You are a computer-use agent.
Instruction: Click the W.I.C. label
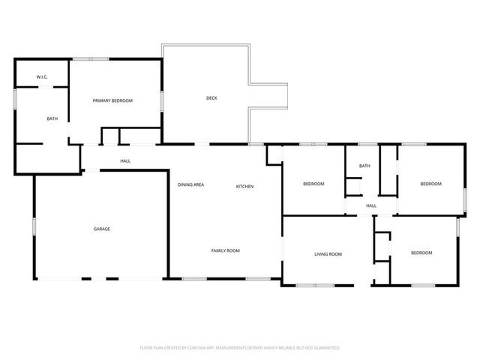click(42, 77)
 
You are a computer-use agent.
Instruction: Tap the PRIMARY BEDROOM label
click(112, 100)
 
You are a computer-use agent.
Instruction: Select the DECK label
click(212, 98)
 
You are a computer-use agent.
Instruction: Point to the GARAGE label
click(102, 229)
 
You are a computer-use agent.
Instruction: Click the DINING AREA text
click(191, 185)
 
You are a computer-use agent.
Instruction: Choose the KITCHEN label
click(245, 186)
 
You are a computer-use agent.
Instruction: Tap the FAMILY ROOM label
click(225, 250)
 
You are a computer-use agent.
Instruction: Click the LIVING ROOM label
click(328, 254)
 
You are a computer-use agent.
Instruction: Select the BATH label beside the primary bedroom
click(52, 118)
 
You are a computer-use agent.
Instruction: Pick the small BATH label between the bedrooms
click(364, 166)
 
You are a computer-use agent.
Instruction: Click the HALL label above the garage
click(125, 161)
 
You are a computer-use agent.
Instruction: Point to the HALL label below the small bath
click(370, 205)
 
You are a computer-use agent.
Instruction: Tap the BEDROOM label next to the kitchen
click(313, 184)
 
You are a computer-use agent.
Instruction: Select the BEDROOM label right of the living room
click(421, 253)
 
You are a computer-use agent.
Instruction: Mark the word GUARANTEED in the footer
click(325, 348)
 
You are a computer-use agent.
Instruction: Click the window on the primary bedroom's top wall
click(96, 59)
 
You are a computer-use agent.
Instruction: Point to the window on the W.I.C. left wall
click(16, 100)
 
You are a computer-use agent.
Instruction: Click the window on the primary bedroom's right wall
click(162, 101)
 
